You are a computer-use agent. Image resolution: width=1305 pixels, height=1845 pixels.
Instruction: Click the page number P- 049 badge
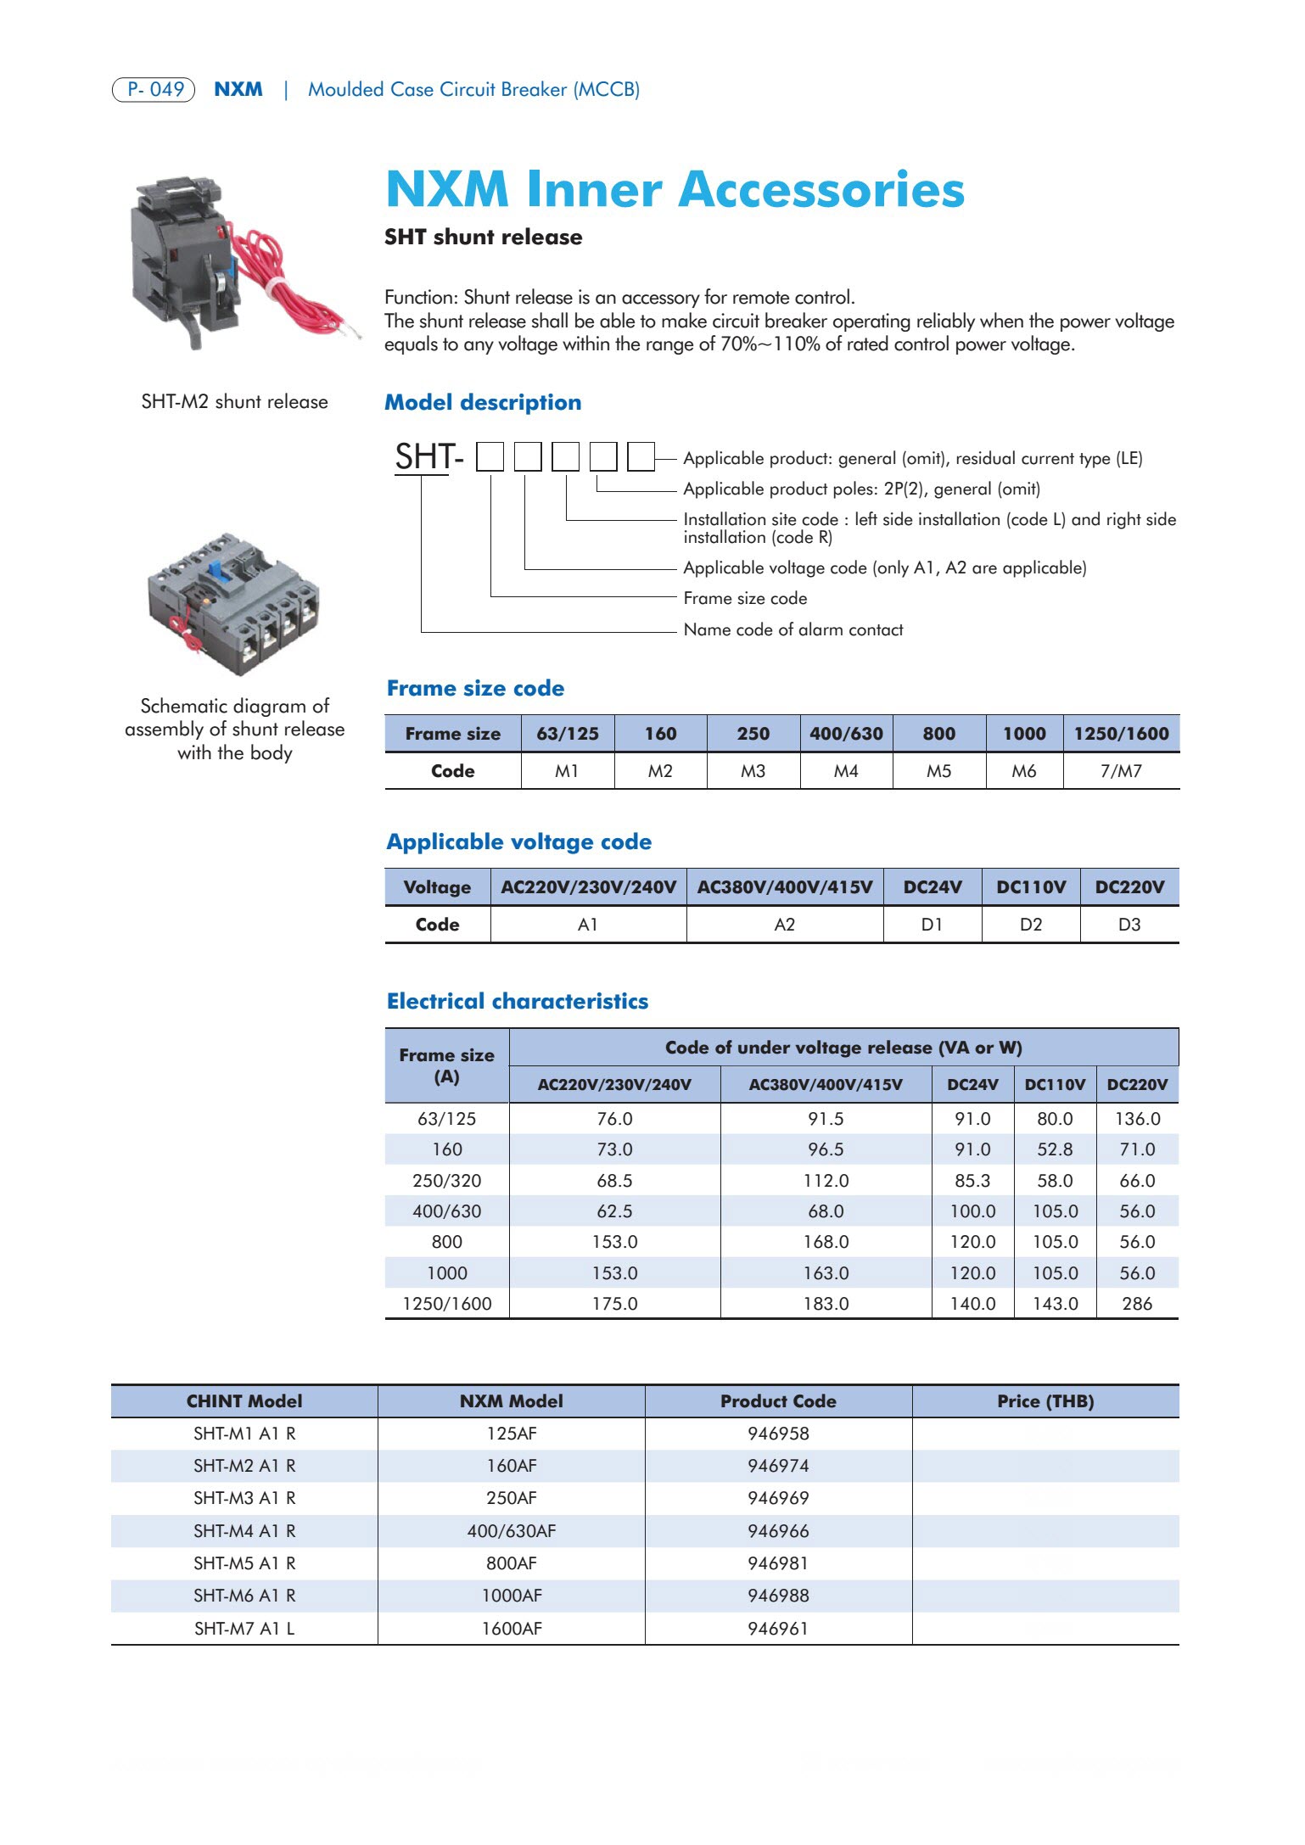pyautogui.click(x=154, y=89)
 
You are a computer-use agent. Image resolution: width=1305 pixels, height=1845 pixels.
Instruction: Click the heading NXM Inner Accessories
pyautogui.click(x=675, y=189)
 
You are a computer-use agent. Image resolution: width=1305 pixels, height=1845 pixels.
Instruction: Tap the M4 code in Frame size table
pyautogui.click(x=846, y=771)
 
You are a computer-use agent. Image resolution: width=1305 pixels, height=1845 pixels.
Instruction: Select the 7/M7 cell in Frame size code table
pyautogui.click(x=1121, y=771)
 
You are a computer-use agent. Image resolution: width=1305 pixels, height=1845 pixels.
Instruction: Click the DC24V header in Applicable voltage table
pyautogui.click(x=932, y=887)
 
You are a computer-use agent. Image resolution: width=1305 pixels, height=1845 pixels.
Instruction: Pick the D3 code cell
pyautogui.click(x=1129, y=925)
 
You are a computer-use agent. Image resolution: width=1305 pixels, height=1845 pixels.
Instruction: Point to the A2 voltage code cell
pyautogui.click(x=784, y=925)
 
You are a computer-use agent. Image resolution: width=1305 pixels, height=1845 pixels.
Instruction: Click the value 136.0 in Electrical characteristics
pyautogui.click(x=1137, y=1119)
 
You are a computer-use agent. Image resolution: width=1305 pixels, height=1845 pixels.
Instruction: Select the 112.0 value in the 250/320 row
pyautogui.click(x=826, y=1181)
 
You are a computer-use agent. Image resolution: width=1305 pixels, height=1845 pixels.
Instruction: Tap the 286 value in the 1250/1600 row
pyautogui.click(x=1137, y=1304)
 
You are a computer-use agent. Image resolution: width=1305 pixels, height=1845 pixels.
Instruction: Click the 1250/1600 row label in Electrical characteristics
pyautogui.click(x=446, y=1304)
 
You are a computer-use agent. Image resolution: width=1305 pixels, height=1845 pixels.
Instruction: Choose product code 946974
pyautogui.click(x=778, y=1466)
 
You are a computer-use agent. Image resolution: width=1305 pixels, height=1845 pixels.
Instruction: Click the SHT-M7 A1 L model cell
pyautogui.click(x=244, y=1629)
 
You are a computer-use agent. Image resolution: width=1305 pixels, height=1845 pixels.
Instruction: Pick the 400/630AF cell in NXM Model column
pyautogui.click(x=511, y=1531)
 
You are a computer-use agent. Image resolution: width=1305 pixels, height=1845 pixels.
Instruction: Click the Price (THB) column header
pyautogui.click(x=1045, y=1401)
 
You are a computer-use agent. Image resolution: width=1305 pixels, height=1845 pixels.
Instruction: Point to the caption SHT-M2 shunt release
pyautogui.click(x=234, y=402)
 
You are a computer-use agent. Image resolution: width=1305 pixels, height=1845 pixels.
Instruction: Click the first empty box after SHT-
pyautogui.click(x=490, y=457)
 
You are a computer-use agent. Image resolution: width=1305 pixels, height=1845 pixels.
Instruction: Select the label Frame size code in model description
pyautogui.click(x=745, y=599)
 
